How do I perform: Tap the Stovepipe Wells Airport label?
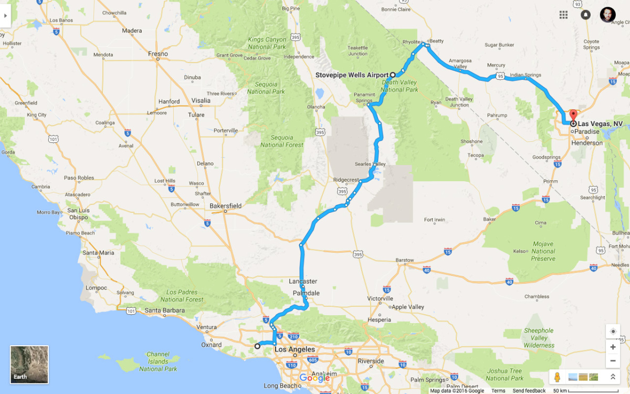point(352,75)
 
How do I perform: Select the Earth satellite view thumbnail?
point(29,365)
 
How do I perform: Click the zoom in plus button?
point(613,347)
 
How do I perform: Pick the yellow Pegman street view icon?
point(557,377)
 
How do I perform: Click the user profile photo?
point(607,15)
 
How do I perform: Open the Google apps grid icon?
point(563,15)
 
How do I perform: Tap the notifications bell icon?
point(585,15)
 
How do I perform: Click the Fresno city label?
point(158,54)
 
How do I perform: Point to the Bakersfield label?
point(225,206)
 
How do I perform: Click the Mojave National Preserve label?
point(543,251)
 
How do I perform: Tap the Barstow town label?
point(405,260)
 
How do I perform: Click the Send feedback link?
point(529,391)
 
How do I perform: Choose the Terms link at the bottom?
point(498,391)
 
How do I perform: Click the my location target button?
point(613,331)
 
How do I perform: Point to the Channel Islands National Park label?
point(158,361)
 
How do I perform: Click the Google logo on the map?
point(314,378)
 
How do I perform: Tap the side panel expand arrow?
point(5,15)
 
